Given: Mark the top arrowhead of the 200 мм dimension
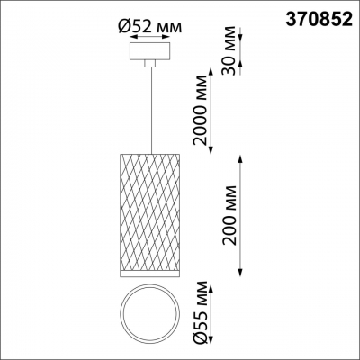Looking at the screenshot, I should [x=240, y=157].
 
